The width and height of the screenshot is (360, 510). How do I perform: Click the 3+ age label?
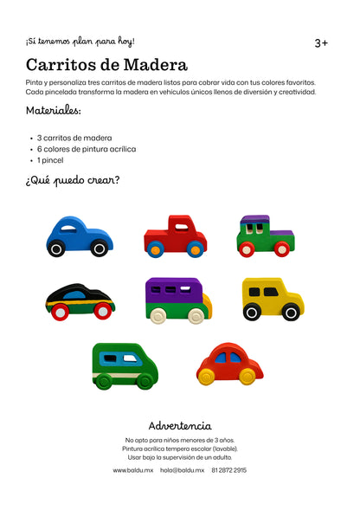click(x=321, y=42)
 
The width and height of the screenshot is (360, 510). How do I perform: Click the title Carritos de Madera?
click(x=106, y=65)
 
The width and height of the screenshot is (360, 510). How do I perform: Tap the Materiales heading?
click(x=54, y=111)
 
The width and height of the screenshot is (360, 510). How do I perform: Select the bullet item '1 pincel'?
click(x=49, y=160)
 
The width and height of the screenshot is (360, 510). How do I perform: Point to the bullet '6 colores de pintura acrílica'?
click(x=86, y=149)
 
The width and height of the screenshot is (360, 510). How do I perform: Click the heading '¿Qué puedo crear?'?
click(x=73, y=181)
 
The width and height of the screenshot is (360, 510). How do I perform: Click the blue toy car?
click(x=79, y=236)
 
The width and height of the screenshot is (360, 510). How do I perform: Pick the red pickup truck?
click(x=175, y=236)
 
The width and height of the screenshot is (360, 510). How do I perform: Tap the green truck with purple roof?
click(x=264, y=236)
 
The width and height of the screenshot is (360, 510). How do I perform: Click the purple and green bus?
click(x=177, y=300)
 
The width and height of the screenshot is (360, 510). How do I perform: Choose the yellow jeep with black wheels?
click(x=272, y=299)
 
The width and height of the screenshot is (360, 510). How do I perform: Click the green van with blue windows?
click(x=125, y=365)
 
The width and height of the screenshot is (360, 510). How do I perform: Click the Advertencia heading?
click(x=180, y=425)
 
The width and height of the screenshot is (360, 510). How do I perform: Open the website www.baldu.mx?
click(x=133, y=470)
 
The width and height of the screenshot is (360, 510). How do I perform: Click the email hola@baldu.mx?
click(x=182, y=470)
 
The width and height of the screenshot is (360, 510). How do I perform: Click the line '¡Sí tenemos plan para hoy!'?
click(x=80, y=41)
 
